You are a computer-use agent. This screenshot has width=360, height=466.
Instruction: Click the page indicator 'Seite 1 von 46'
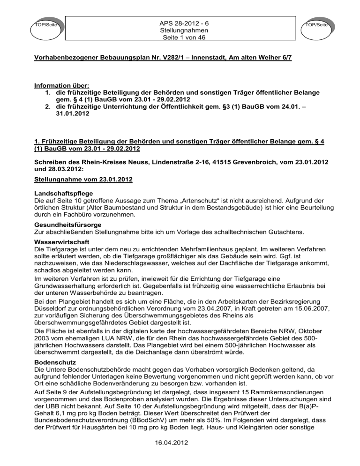[181, 37]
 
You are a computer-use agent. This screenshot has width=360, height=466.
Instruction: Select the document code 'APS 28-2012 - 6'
[181, 23]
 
